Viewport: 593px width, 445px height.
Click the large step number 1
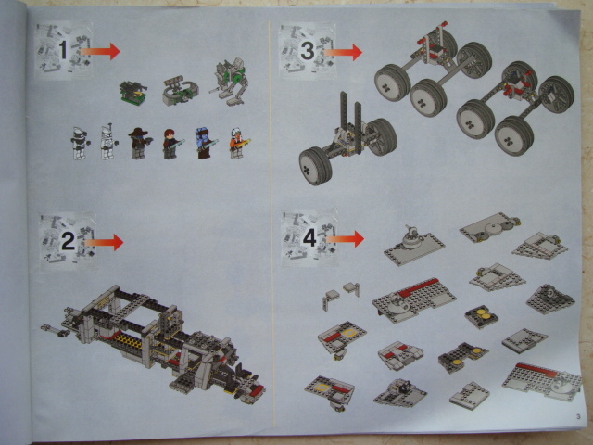63,50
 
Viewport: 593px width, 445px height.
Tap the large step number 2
68,241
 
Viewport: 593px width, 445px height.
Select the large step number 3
307,50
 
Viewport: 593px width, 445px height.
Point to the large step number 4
309,238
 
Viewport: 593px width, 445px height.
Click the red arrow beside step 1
100,51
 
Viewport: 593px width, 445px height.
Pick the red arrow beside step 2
104,242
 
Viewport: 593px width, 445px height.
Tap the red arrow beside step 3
343,52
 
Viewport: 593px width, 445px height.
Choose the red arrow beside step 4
345,239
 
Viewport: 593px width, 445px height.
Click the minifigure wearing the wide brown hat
139,144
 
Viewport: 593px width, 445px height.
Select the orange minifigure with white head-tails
238,143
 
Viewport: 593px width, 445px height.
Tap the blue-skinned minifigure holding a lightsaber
205,143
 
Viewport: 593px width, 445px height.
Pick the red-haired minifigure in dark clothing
172,144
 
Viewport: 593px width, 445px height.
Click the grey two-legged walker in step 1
229,81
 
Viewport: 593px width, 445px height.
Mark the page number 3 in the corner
578,417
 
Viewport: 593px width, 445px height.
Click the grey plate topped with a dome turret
414,245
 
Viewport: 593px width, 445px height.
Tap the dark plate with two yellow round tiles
482,316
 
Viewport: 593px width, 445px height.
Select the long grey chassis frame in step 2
153,340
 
